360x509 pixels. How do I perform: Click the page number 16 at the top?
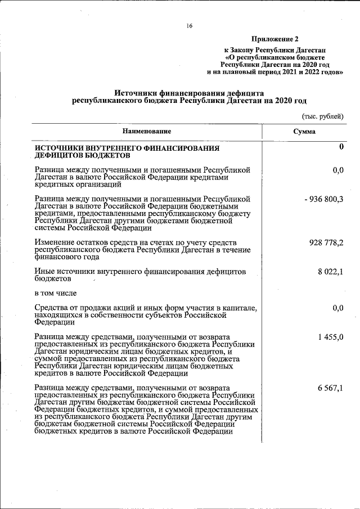click(190, 25)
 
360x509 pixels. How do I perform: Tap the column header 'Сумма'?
click(304, 131)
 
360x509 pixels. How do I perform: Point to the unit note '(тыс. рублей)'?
click(322, 116)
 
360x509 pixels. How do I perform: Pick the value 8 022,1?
click(331, 272)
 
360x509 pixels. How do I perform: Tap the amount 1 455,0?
click(330, 337)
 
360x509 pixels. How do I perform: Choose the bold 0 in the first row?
click(340, 147)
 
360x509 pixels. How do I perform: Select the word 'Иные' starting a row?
click(44, 272)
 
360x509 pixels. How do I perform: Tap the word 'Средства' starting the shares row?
click(51, 308)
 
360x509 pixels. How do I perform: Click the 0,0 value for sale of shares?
click(337, 308)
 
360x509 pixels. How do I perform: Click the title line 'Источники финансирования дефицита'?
click(189, 93)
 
